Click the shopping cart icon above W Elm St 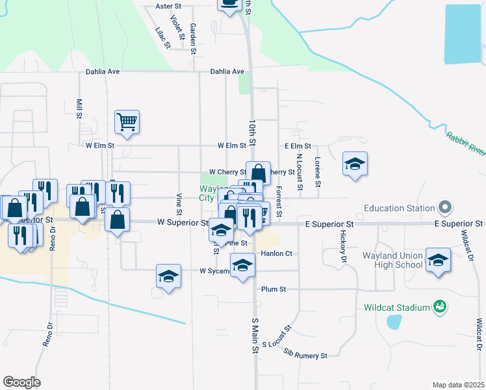127,121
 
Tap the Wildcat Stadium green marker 439,306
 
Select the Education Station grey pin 445,208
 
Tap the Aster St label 168,6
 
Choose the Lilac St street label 162,38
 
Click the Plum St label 274,289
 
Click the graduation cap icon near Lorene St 355,164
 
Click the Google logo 21,382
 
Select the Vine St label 178,203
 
